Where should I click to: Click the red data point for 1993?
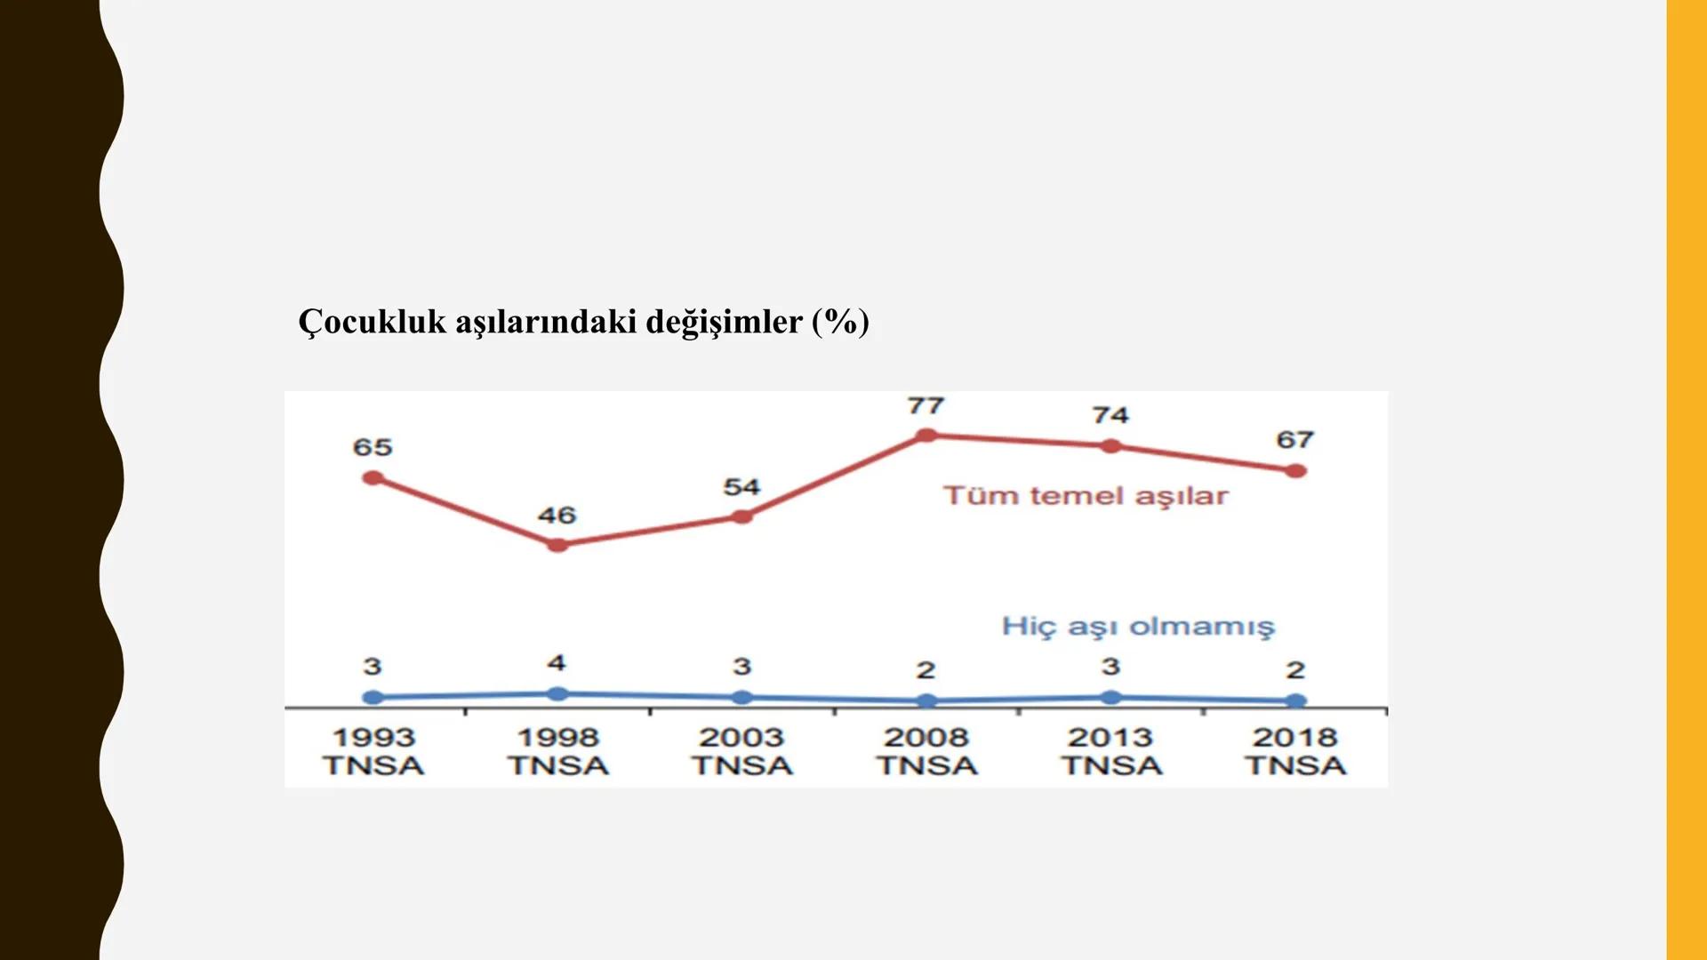(x=373, y=478)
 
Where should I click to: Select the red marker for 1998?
(x=557, y=545)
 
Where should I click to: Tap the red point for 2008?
(x=926, y=436)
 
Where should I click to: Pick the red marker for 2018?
(x=1295, y=471)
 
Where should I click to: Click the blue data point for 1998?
(x=557, y=694)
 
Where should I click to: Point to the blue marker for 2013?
(x=1110, y=698)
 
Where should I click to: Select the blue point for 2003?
(x=742, y=698)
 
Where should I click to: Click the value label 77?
(x=926, y=406)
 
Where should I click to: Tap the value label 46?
(x=557, y=516)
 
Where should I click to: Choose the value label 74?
(x=1110, y=415)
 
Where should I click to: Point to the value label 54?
(x=741, y=487)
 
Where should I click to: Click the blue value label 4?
(x=557, y=663)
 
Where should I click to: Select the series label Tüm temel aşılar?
(x=1086, y=496)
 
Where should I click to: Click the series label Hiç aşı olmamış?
(x=1138, y=627)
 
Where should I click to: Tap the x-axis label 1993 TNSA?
(x=373, y=752)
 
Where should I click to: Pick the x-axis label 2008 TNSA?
(x=926, y=752)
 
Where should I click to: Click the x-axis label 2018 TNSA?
(x=1295, y=752)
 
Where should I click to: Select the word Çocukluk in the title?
(x=372, y=322)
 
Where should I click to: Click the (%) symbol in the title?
(x=840, y=322)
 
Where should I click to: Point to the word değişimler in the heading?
(x=724, y=322)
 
